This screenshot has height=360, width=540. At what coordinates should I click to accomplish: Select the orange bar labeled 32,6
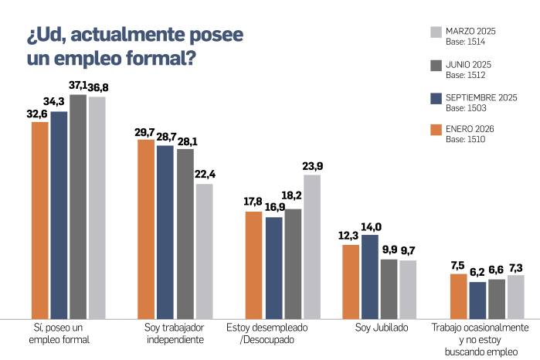pyautogui.click(x=40, y=219)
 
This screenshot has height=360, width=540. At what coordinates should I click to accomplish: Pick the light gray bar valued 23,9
pyautogui.click(x=312, y=246)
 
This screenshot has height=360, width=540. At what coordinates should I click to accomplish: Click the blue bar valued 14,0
pyautogui.click(x=370, y=276)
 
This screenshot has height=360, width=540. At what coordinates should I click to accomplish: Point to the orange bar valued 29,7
pyautogui.click(x=147, y=229)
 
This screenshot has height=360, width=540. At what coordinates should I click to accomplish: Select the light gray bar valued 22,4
pyautogui.click(x=204, y=250)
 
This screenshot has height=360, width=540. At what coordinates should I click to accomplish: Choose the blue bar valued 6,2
pyautogui.click(x=477, y=300)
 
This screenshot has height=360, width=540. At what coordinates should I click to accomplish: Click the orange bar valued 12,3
pyautogui.click(x=351, y=281)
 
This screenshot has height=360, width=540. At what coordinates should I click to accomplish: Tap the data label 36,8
pyautogui.click(x=97, y=89)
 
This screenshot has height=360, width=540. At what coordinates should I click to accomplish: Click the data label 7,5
pyautogui.click(x=458, y=266)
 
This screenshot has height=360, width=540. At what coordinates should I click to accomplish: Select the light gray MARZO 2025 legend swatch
pyautogui.click(x=434, y=32)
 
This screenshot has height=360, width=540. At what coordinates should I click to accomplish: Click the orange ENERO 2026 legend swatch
pyautogui.click(x=434, y=129)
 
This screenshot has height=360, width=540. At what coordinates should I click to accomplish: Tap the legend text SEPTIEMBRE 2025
pyautogui.click(x=481, y=97)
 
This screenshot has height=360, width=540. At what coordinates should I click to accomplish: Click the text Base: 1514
pyautogui.click(x=466, y=42)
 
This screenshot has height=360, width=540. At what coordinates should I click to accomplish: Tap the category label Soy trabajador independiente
pyautogui.click(x=175, y=333)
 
